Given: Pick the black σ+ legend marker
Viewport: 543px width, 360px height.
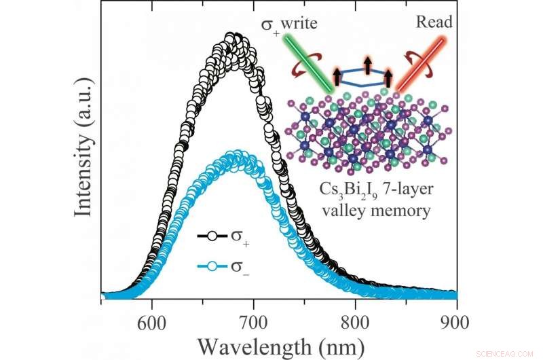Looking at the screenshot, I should [x=213, y=236].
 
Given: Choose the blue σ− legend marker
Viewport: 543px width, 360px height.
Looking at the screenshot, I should [x=213, y=267].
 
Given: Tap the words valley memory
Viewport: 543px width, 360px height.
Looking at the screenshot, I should [x=377, y=210].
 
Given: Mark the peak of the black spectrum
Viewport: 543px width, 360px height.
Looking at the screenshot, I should [x=232, y=38].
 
